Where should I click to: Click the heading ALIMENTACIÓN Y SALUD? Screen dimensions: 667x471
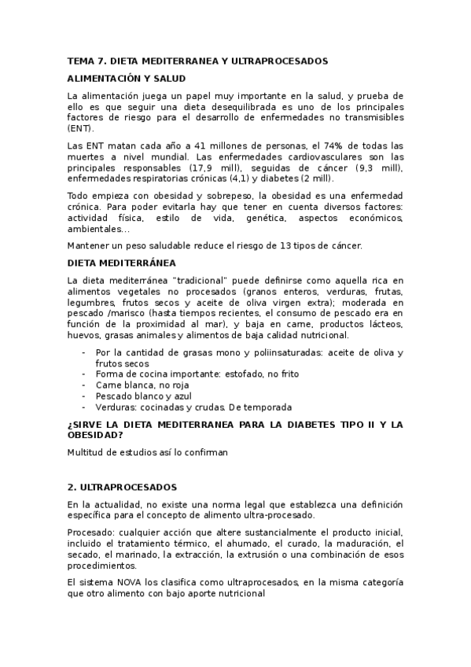(126, 78)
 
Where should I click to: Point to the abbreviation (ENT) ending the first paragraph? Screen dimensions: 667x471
(80, 128)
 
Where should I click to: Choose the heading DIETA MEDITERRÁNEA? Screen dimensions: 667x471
(121, 263)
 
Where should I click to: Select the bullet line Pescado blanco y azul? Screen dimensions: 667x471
(144, 396)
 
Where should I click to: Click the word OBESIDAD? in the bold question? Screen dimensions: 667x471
(95, 435)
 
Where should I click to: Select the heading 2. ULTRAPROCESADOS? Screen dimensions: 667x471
(122, 488)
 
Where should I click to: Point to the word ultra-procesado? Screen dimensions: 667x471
(278, 515)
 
